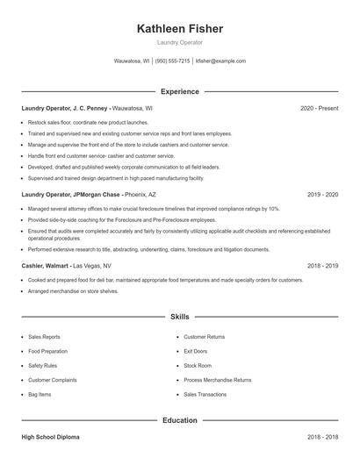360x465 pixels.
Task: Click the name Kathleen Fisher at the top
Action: (180, 29)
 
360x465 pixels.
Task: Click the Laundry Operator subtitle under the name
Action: (180, 42)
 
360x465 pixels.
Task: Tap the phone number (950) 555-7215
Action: (173, 61)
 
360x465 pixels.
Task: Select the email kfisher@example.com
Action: (220, 61)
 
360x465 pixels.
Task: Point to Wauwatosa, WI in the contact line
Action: (132, 61)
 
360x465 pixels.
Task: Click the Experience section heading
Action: (180, 91)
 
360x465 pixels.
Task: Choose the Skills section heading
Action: (180, 316)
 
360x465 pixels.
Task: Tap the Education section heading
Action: (180, 420)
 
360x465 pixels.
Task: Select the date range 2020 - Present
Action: (319, 108)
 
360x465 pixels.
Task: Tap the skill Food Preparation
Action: (48, 350)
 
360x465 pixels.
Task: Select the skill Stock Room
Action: (198, 365)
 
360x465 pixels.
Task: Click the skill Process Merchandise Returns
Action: (217, 380)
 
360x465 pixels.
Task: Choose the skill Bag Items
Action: (40, 395)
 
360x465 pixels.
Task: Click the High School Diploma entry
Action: (52, 436)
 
